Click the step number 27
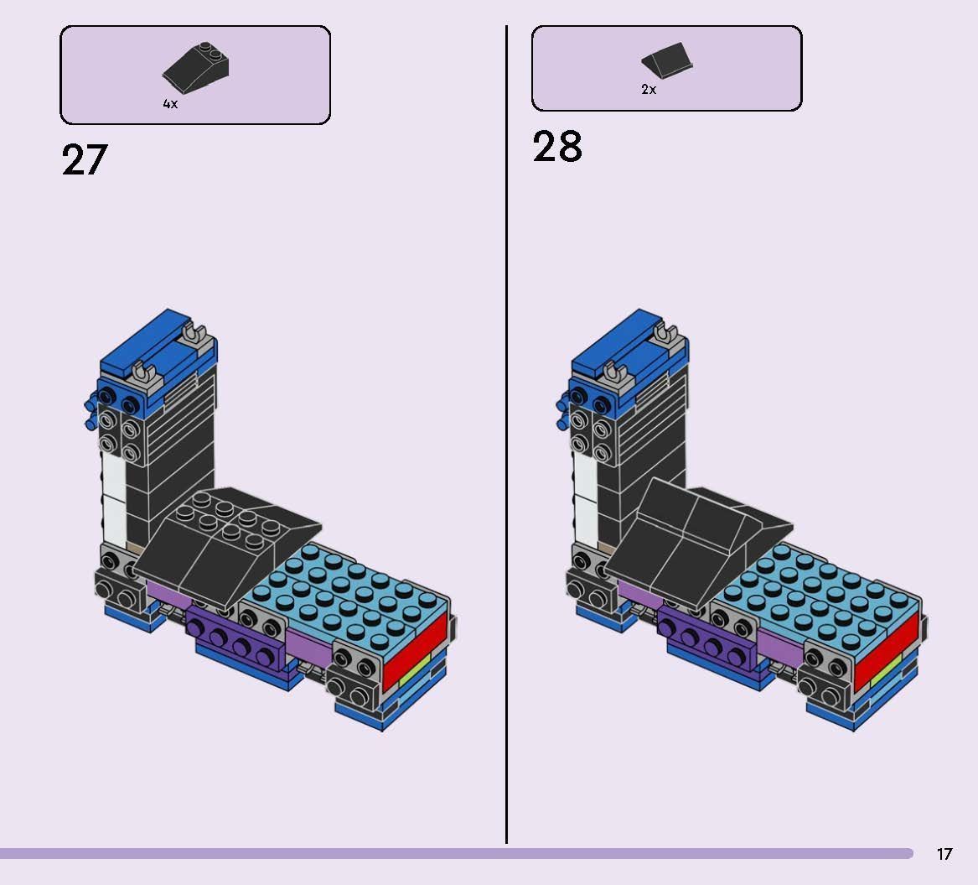point(85,159)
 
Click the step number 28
point(557,147)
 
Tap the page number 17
point(944,854)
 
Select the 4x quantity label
point(170,104)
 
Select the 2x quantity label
point(649,90)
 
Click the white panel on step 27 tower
point(112,495)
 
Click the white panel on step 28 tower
point(584,495)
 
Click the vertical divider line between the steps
point(506,419)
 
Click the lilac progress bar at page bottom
point(453,853)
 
